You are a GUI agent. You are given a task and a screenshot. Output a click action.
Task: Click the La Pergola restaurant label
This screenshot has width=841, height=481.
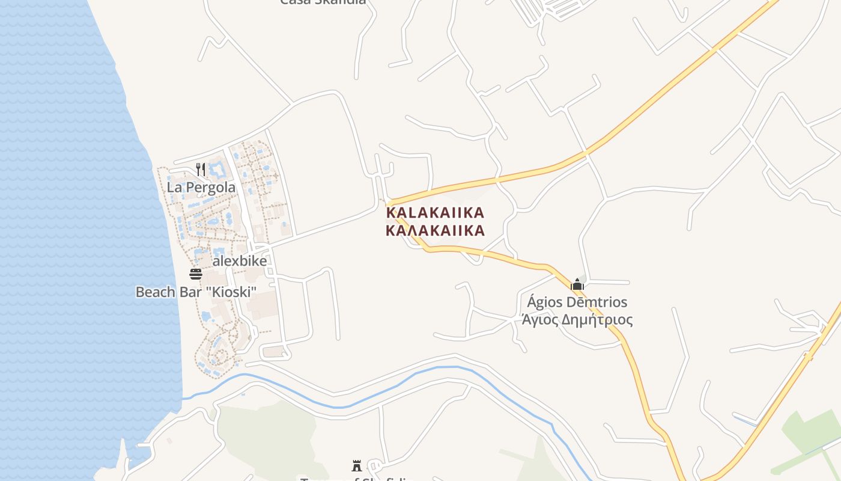[201, 188]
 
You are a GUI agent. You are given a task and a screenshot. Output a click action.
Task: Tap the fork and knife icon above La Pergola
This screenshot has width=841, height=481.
[201, 170]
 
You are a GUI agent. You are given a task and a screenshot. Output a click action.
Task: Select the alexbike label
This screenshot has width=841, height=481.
[240, 261]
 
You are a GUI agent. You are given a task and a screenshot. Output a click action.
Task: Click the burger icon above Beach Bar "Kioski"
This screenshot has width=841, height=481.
[196, 274]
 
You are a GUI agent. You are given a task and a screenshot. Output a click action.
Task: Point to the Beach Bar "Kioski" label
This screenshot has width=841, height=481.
[196, 292]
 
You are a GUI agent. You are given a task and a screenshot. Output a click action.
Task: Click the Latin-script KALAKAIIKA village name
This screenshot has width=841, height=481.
[435, 213]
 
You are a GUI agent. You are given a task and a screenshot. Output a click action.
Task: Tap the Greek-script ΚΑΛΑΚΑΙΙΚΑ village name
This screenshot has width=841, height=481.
[435, 230]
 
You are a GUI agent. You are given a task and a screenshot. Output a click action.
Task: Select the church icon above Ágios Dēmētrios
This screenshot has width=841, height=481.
[577, 284]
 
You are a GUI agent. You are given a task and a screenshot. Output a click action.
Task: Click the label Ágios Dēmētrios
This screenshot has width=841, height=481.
[577, 302]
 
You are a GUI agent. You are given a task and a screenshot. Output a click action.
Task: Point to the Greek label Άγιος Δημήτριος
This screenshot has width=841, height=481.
[577, 319]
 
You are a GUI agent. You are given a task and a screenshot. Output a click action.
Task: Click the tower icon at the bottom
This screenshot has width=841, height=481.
[357, 465]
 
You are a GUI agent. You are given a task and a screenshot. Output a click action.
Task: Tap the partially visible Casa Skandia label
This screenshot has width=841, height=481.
[323, 2]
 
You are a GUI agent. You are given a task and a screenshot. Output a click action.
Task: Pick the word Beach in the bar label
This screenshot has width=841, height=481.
[154, 292]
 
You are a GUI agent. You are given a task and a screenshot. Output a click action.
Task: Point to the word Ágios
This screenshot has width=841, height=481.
[543, 302]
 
